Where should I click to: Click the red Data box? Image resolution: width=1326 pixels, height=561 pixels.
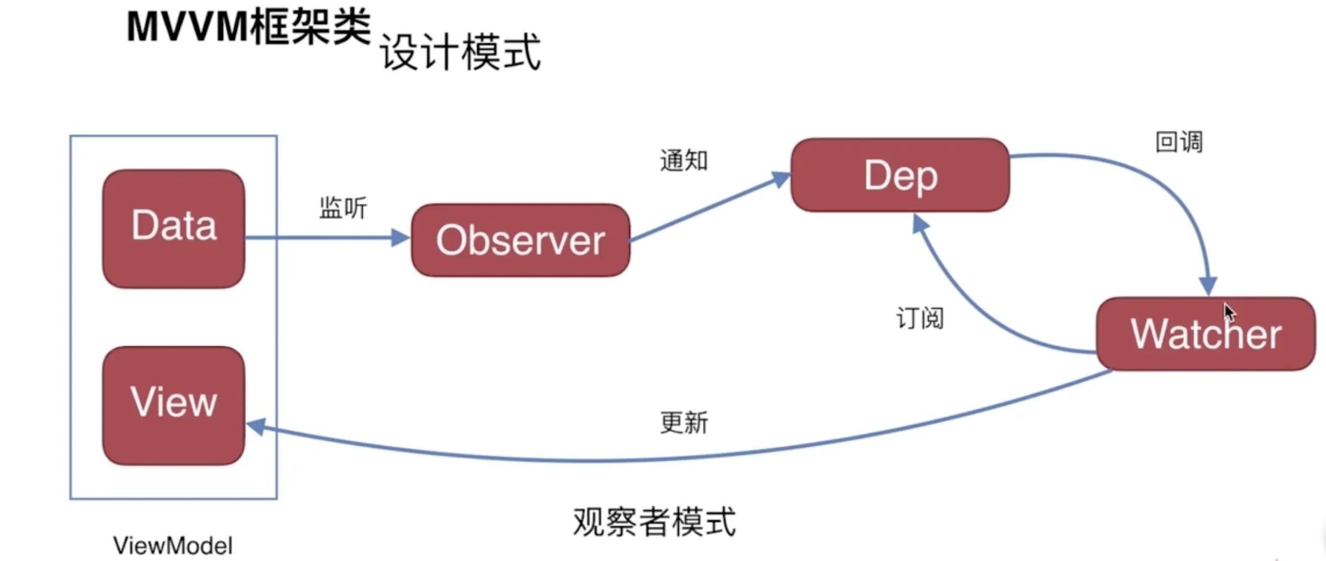tap(174, 228)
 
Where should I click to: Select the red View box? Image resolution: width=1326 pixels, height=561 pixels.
tap(174, 405)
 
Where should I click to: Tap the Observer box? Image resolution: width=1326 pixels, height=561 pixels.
tap(520, 240)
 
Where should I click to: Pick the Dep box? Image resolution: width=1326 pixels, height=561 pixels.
tap(900, 175)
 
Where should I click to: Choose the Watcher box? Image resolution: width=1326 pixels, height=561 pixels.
tap(1206, 334)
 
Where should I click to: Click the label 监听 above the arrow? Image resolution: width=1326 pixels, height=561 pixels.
tap(343, 208)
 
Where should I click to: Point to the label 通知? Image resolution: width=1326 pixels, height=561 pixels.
tap(683, 160)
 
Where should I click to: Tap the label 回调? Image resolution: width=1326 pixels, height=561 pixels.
tap(1178, 142)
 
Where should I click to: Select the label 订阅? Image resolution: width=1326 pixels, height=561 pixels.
tap(920, 318)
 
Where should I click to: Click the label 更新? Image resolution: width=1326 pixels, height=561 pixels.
tap(684, 423)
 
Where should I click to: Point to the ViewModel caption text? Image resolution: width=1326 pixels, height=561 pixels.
tap(173, 545)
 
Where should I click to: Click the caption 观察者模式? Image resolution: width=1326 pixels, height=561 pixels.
tap(654, 522)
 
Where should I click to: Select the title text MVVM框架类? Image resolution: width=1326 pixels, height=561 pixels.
tap(248, 27)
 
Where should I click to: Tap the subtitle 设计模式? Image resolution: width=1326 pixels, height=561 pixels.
tap(460, 53)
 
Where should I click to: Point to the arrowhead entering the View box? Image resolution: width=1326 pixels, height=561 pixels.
tap(256, 426)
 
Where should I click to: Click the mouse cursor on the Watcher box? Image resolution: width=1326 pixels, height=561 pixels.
tap(1228, 312)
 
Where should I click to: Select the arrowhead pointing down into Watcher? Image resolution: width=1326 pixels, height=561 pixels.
tap(1208, 286)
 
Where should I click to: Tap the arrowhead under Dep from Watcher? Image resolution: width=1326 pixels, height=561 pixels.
tap(920, 224)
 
